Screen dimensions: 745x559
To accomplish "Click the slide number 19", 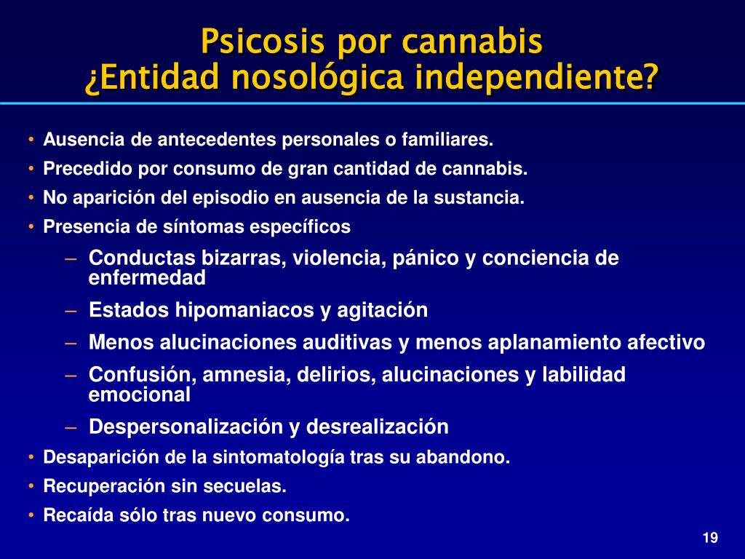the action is (x=710, y=538).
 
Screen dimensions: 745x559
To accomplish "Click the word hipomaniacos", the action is (x=244, y=310).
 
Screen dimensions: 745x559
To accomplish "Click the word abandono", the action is (x=463, y=457).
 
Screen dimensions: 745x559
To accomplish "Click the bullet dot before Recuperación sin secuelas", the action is (x=31, y=486).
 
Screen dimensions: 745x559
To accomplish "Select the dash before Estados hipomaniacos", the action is (x=71, y=311).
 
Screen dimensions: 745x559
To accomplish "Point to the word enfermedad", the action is (x=147, y=278).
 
